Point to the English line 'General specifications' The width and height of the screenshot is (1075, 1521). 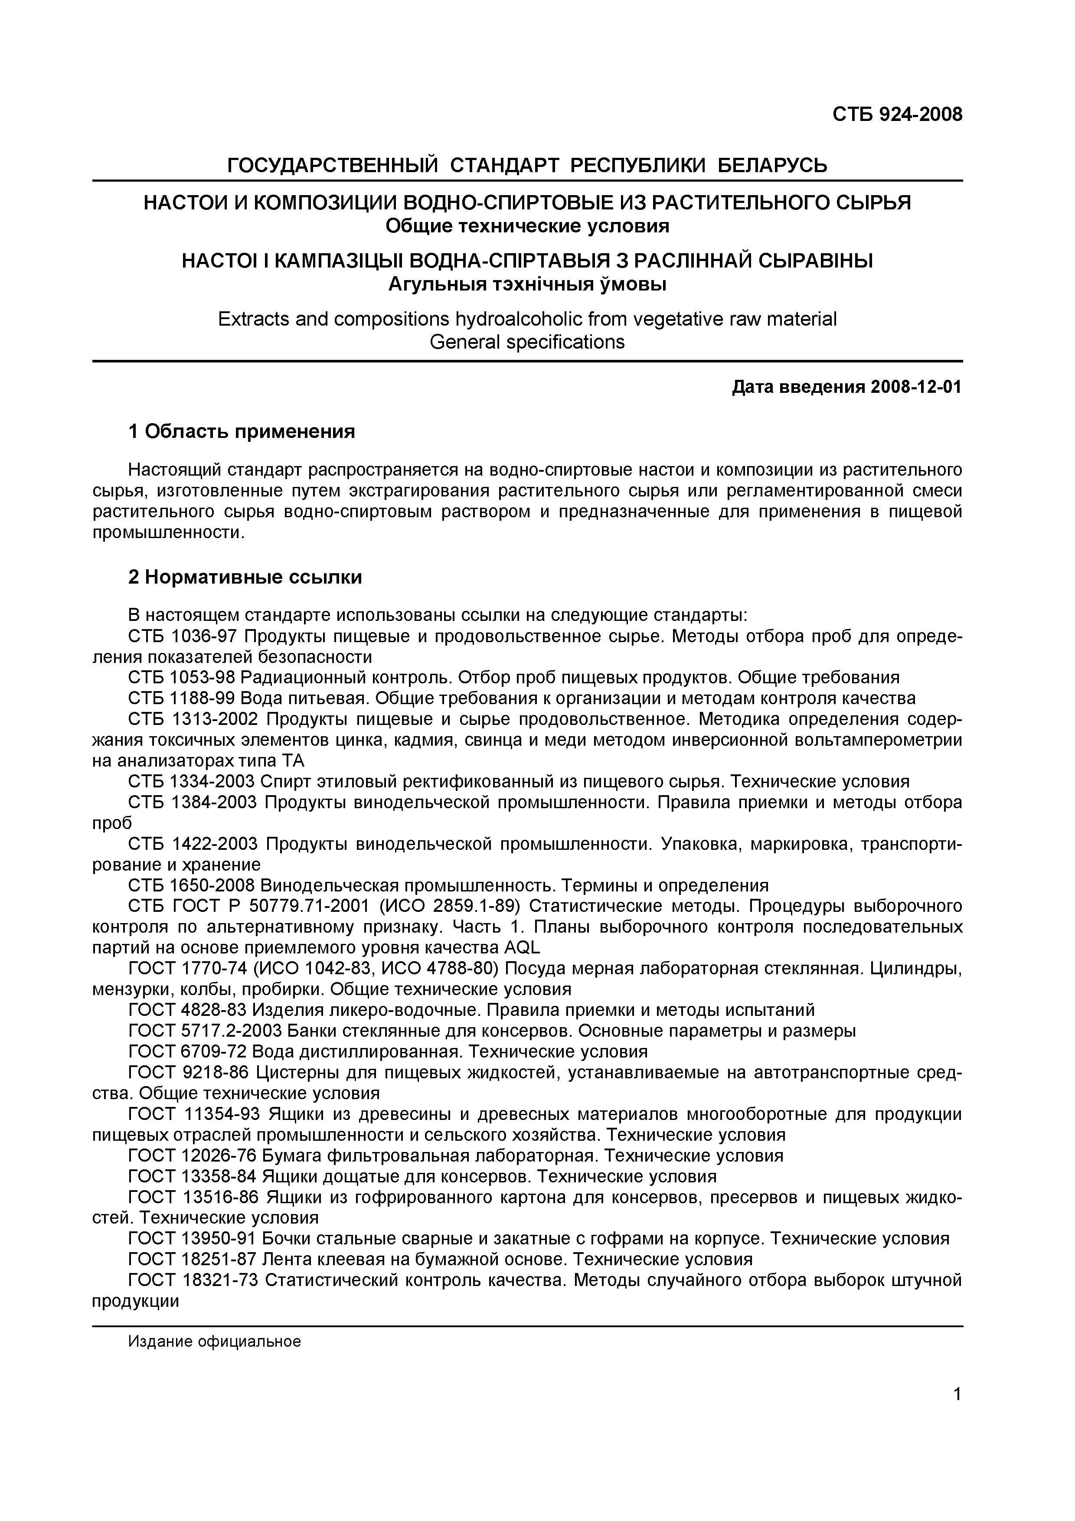coord(527,343)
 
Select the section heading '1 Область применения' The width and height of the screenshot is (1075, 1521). coord(242,432)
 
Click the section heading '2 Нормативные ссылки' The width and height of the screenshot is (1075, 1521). coord(245,578)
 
